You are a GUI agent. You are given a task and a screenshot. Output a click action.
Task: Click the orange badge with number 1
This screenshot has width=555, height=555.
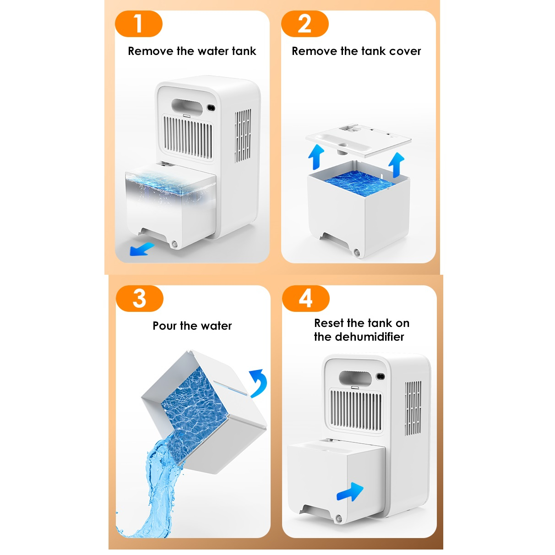point(139,24)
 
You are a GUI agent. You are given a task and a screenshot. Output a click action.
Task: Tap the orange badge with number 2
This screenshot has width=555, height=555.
point(305,24)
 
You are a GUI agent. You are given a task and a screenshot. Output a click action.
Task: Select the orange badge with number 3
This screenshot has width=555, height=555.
point(139,299)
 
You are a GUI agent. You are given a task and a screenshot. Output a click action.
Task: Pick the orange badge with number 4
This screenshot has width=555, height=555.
point(305,299)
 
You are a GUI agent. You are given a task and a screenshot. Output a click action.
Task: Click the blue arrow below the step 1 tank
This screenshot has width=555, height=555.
point(141,249)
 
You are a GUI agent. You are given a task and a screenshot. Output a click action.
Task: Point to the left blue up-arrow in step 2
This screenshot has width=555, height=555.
point(316,157)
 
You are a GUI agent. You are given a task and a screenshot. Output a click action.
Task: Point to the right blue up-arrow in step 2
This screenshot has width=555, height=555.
point(397,164)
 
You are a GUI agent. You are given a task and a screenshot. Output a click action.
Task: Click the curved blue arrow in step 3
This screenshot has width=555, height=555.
point(259,383)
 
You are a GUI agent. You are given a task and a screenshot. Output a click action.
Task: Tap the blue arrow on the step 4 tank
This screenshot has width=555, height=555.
point(350,492)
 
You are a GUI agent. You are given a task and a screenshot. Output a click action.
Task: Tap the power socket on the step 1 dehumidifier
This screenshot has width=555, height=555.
point(211,108)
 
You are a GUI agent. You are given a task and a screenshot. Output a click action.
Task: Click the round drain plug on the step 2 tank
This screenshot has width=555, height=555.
point(357,253)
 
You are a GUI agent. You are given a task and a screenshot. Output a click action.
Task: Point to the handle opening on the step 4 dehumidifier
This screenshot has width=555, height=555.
point(355,378)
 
